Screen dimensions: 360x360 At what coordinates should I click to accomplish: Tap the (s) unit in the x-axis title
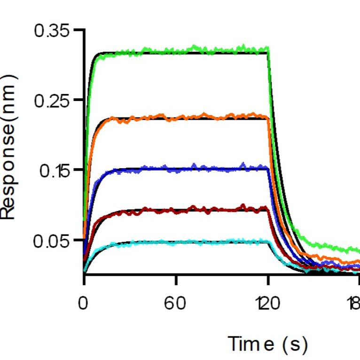(295, 344)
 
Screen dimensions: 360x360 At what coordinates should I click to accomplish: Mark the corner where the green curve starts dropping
(268, 50)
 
